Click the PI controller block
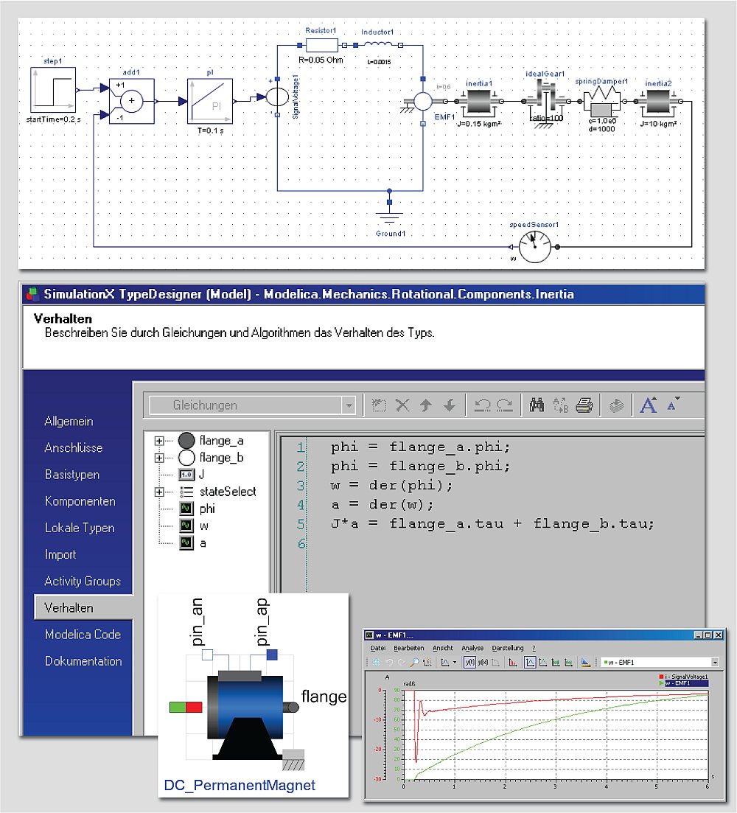[x=209, y=102]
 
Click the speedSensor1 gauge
[x=534, y=246]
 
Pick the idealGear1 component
[x=545, y=101]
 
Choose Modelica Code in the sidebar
[x=83, y=635]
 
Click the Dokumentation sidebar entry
[x=83, y=661]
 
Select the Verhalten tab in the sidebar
[x=69, y=608]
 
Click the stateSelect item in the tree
[x=227, y=492]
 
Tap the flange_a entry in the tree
[x=220, y=441]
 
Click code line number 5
[x=300, y=524]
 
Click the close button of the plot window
[x=719, y=635]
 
